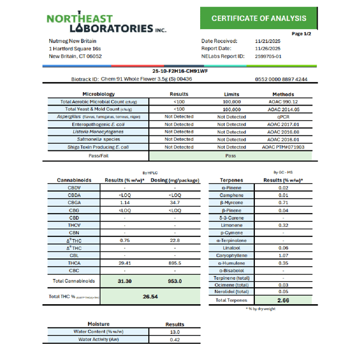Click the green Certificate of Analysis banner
258,18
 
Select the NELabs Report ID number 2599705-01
268,56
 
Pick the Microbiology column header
98,94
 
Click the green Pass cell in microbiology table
231,156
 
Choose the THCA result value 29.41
125,263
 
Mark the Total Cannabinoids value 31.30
125,281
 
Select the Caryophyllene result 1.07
283,255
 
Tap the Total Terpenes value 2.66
283,300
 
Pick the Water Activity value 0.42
175,339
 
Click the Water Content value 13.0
175,331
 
